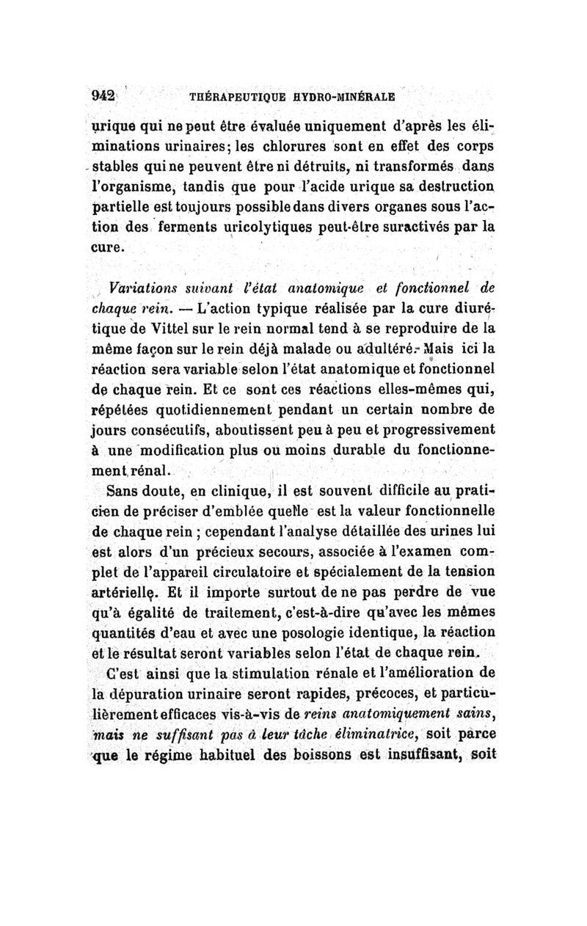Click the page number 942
point(103,95)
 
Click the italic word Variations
point(142,285)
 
